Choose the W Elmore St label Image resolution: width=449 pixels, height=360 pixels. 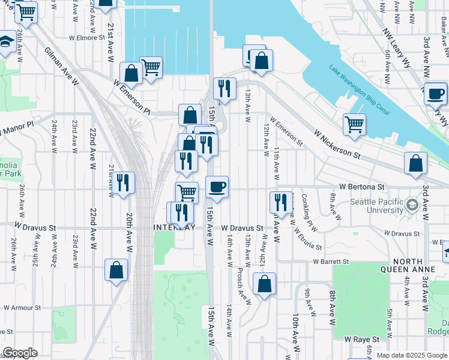pos(87,37)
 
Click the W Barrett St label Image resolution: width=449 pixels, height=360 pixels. pos(331,262)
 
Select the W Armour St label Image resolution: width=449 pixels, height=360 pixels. pos(22,307)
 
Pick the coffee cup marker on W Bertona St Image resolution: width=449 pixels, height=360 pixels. pos(217,187)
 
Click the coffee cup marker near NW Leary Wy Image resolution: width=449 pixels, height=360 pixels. pos(435,94)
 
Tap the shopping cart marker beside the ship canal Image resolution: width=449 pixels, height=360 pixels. pos(354,124)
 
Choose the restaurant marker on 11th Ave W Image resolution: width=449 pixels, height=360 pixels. pos(281,202)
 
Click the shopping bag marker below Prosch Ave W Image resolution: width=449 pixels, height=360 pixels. pos(264,283)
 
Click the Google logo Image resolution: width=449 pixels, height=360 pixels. pos(20,353)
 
